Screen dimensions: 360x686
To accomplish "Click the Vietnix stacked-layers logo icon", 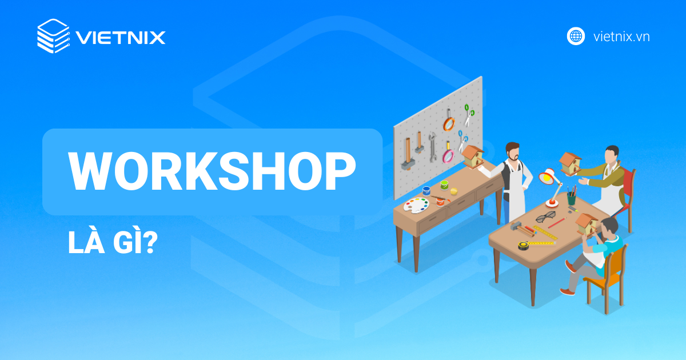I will tap(53, 37).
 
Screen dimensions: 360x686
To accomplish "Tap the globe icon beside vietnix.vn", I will tap(576, 36).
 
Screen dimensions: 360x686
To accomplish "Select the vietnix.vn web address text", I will tap(621, 37).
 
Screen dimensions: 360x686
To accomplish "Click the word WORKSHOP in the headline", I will tap(212, 171).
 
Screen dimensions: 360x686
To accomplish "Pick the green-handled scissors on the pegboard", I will tap(469, 114).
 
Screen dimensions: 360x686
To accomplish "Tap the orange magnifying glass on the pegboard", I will tap(449, 123).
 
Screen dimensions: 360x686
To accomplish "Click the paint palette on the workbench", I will tap(416, 204).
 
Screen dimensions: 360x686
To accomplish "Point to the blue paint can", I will tap(425, 190).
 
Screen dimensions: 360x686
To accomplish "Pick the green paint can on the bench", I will tap(444, 185).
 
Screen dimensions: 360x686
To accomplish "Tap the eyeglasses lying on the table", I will tap(545, 217).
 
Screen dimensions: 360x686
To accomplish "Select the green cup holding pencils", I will tap(571, 199).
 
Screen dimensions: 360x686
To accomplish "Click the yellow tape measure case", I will tap(523, 245).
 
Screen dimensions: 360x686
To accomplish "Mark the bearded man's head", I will tap(512, 151).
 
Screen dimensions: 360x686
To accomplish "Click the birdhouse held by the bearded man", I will tap(473, 155).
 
